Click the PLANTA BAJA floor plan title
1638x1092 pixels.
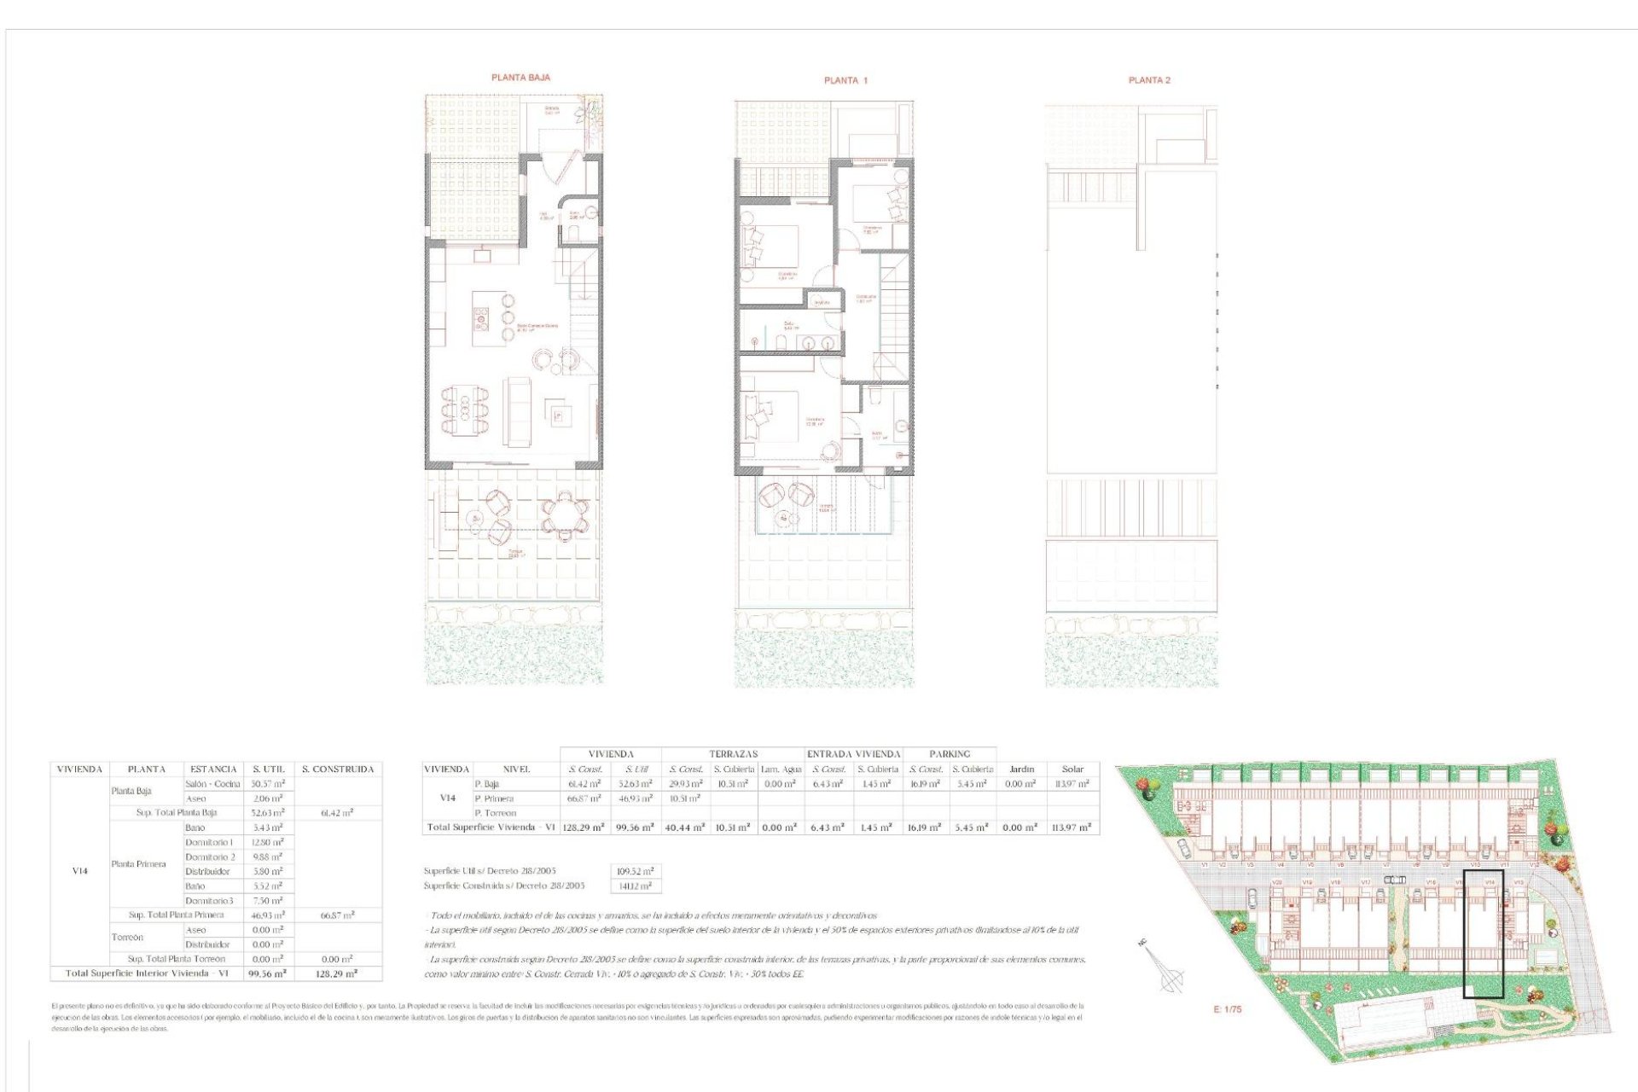click(x=520, y=78)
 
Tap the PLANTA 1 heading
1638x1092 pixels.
click(x=845, y=80)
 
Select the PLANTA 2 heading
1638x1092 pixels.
click(x=1149, y=80)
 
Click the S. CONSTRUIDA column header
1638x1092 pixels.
click(x=338, y=770)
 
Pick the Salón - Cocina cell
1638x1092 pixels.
click(x=212, y=784)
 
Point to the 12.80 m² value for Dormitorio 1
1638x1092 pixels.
click(x=267, y=843)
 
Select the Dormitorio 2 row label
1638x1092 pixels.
click(x=210, y=857)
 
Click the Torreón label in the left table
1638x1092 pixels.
click(x=127, y=938)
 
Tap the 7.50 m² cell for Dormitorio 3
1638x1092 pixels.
click(x=267, y=901)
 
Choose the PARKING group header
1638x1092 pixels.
click(x=950, y=754)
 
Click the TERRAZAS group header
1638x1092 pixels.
click(x=734, y=754)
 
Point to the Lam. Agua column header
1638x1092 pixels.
click(x=781, y=770)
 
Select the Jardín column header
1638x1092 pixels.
click(x=1021, y=770)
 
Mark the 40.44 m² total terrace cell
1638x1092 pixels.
click(x=685, y=828)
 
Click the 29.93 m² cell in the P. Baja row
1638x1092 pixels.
click(x=685, y=784)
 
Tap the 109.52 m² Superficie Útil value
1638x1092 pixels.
click(x=636, y=872)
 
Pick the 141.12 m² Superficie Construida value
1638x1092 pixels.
click(x=636, y=886)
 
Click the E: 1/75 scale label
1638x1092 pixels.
click(x=1228, y=1009)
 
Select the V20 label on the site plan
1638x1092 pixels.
click(x=1277, y=883)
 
